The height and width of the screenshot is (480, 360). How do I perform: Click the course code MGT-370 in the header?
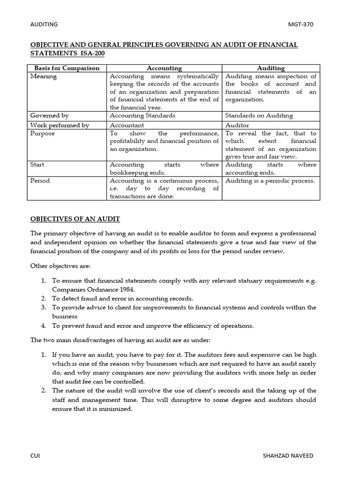(x=300, y=24)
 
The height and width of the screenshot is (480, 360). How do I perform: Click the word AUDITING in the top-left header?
(x=44, y=24)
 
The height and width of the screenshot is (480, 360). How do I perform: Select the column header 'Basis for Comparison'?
(x=67, y=68)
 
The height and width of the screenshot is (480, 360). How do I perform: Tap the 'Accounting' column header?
(x=164, y=68)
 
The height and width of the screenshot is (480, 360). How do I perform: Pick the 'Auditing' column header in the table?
(x=271, y=68)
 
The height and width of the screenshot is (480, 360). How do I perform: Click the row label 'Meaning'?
(x=44, y=76)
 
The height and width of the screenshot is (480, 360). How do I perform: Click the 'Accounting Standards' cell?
(x=142, y=115)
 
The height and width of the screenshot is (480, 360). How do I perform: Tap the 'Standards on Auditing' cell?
(x=259, y=115)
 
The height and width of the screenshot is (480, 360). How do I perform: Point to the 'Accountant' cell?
(x=127, y=125)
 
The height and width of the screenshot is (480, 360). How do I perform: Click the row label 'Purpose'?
(x=43, y=133)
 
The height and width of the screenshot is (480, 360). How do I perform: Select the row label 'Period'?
(x=40, y=180)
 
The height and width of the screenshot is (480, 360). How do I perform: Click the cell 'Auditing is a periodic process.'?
(x=270, y=180)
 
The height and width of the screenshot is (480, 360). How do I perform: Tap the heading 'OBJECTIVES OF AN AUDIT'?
(x=75, y=219)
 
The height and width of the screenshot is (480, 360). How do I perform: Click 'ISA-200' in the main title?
(x=92, y=53)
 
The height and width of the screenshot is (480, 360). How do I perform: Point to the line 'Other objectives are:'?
(x=60, y=266)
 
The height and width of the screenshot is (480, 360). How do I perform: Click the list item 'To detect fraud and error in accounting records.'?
(x=122, y=298)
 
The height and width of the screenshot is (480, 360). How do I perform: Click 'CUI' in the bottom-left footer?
(x=35, y=456)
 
